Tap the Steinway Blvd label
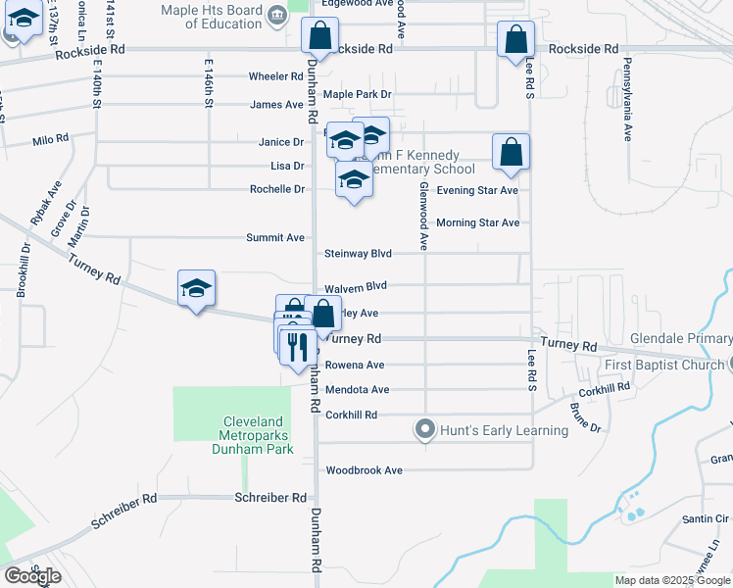point(359,254)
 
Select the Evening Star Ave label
point(477,190)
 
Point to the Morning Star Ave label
point(477,222)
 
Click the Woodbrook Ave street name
point(365,470)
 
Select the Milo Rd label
point(50,140)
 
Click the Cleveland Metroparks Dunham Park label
point(253,436)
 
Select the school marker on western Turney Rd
point(196,288)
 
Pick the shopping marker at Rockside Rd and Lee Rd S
point(515,40)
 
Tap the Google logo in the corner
point(32,576)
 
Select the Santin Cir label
point(709,518)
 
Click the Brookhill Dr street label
point(24,265)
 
